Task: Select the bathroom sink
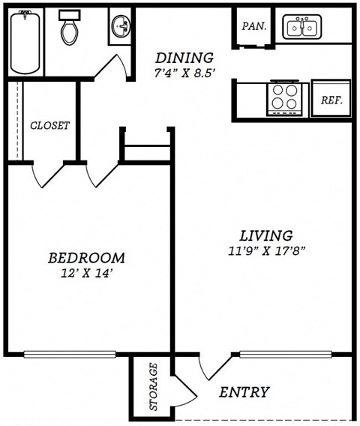coord(120,28)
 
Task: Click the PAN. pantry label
coord(254,26)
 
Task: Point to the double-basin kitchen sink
coord(302,28)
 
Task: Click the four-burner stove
coord(284,97)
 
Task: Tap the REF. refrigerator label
coord(331,100)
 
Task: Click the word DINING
coord(184,58)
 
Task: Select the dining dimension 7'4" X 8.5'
coord(184,73)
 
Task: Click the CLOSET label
coord(49,125)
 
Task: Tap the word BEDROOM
coord(85,258)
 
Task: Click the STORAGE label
coord(154,386)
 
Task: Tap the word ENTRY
coord(244,392)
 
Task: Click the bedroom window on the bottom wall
coord(70,353)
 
